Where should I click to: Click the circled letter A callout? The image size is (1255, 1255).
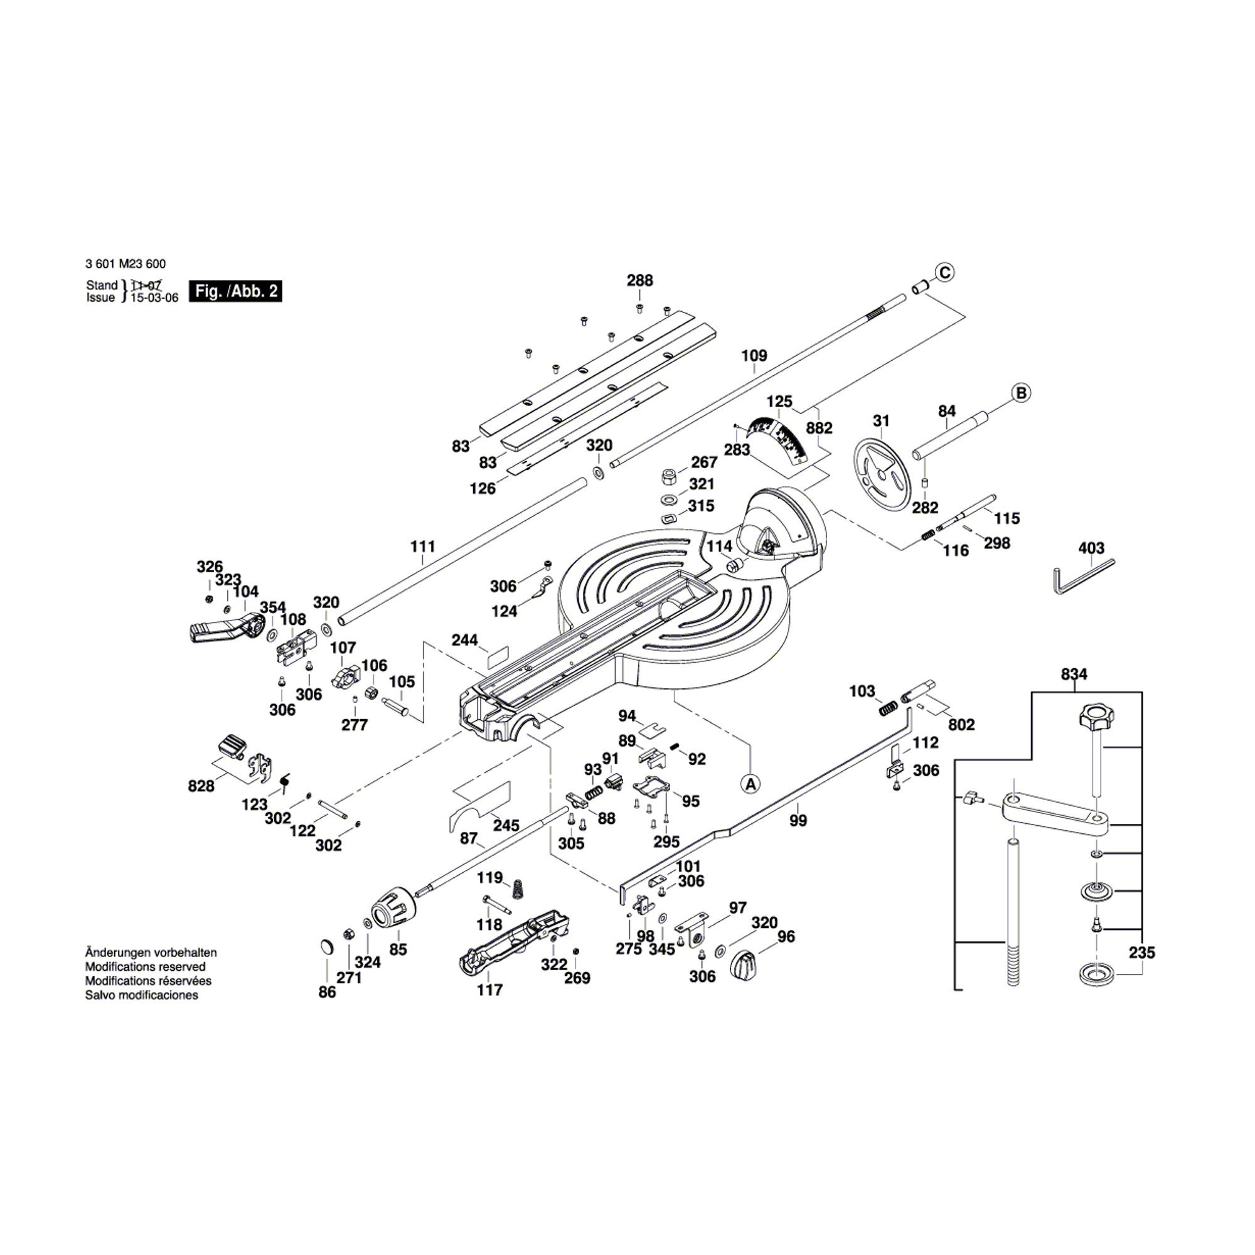point(750,783)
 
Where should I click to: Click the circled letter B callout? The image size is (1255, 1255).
point(1021,393)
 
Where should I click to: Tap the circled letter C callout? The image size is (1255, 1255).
point(944,272)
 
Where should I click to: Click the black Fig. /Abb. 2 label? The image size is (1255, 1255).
point(236,291)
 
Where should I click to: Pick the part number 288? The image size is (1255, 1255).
point(639,280)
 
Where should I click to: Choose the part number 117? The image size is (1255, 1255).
point(490,990)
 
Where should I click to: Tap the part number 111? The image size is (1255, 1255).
point(422,547)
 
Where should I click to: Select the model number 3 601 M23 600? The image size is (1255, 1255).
point(125,264)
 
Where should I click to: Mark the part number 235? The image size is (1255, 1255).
point(1141,953)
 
